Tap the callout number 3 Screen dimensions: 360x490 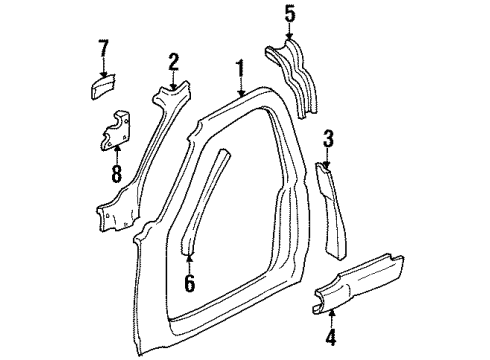click(x=326, y=138)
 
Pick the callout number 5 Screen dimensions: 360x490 click(x=290, y=13)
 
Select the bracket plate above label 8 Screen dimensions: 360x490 click(x=118, y=128)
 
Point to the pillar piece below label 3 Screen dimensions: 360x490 click(x=332, y=200)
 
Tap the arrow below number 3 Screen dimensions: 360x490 click(x=326, y=155)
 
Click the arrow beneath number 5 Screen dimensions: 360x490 click(x=290, y=32)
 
